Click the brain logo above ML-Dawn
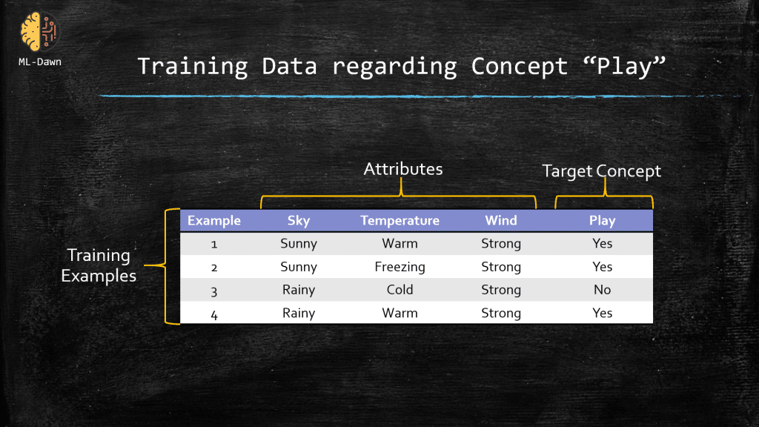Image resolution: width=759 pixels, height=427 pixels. pyautogui.click(x=39, y=32)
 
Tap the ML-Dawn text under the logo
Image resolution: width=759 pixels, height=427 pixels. pyautogui.click(x=40, y=62)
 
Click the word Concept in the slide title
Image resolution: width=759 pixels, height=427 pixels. pyautogui.click(x=519, y=66)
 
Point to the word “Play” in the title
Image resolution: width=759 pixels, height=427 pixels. pyautogui.click(x=624, y=66)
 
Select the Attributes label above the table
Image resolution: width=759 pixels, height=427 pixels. pyautogui.click(x=402, y=169)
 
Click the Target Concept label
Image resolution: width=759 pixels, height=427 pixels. pyautogui.click(x=601, y=171)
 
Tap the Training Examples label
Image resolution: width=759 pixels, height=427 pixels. pyautogui.click(x=99, y=265)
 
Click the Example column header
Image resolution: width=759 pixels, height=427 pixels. pyautogui.click(x=214, y=220)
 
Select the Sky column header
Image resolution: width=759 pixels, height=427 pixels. pyautogui.click(x=299, y=221)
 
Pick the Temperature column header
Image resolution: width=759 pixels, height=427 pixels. pyautogui.click(x=400, y=220)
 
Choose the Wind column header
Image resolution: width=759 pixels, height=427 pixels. pyautogui.click(x=501, y=220)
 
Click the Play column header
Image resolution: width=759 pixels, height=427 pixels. pyautogui.click(x=602, y=221)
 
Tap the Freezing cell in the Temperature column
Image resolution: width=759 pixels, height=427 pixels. pyautogui.click(x=400, y=267)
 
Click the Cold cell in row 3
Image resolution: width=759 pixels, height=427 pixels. pyautogui.click(x=400, y=290)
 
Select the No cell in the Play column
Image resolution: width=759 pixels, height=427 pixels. pyautogui.click(x=602, y=290)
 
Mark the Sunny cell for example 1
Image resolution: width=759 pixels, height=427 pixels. pyautogui.click(x=299, y=243)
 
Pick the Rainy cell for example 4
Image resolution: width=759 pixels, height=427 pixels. pyautogui.click(x=299, y=314)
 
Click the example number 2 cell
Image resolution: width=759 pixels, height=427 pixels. pyautogui.click(x=214, y=267)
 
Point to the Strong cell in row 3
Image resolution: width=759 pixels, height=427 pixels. pyautogui.click(x=501, y=290)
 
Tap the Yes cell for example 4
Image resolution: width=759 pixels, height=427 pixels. pyautogui.click(x=602, y=313)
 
